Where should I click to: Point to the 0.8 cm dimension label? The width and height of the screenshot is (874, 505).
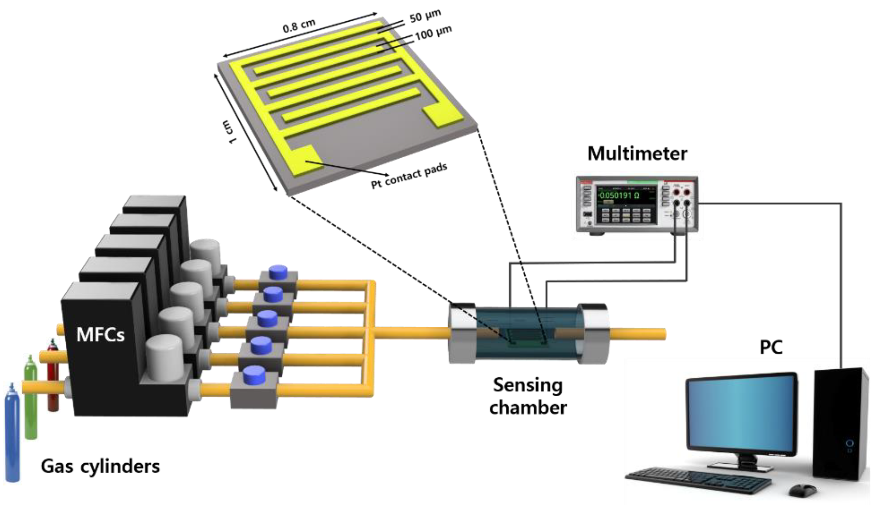tap(299, 26)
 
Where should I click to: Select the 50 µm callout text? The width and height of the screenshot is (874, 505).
tap(425, 16)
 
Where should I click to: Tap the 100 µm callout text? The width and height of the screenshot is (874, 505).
tap(433, 33)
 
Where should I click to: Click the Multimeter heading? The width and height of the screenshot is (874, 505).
tap(637, 154)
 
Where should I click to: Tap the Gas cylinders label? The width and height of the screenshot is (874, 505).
tap(100, 467)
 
